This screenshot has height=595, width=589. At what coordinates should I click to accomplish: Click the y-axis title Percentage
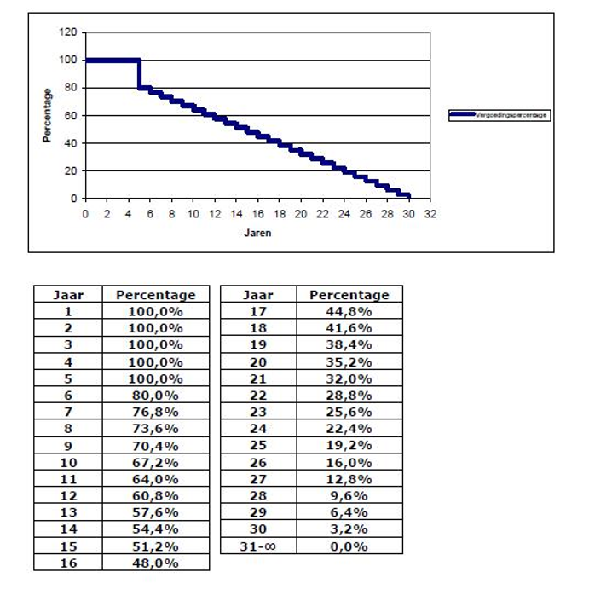point(49,115)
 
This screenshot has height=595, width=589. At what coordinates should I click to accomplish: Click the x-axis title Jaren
point(257,232)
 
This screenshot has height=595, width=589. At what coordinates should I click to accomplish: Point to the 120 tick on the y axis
point(69,32)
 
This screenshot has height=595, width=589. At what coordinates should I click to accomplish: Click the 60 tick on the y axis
point(72,115)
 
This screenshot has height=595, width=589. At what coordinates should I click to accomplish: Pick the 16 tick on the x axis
point(257,213)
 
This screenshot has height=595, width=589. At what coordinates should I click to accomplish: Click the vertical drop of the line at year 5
point(139,73)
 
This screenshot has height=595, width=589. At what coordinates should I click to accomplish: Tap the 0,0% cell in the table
point(349,546)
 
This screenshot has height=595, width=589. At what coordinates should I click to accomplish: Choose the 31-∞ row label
point(258,546)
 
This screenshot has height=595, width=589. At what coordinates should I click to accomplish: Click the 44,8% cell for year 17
point(349,312)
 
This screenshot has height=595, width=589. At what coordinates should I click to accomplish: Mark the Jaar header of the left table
point(67,295)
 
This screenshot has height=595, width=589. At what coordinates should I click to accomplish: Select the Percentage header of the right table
point(349,295)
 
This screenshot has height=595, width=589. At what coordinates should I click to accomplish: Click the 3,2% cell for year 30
point(349,529)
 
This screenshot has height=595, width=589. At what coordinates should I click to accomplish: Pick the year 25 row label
point(258,446)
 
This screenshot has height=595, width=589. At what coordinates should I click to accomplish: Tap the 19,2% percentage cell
point(349,446)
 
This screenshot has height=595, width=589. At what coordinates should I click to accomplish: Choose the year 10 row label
point(67,462)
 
